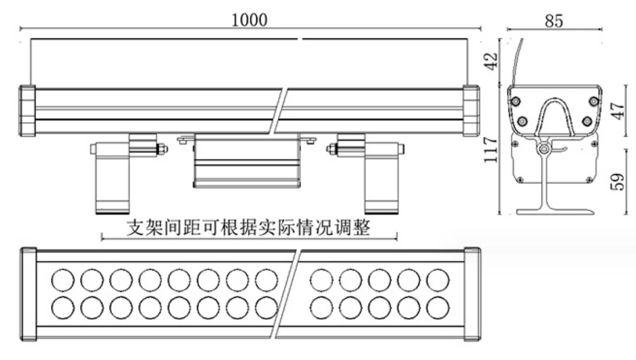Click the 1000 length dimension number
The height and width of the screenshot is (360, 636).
pyautogui.click(x=250, y=20)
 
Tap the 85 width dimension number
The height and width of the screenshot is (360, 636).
pyautogui.click(x=554, y=21)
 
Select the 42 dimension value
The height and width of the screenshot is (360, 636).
pyautogui.click(x=491, y=61)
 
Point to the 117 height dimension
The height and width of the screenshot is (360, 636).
pyautogui.click(x=491, y=149)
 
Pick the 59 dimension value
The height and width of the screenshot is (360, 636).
pyautogui.click(x=617, y=182)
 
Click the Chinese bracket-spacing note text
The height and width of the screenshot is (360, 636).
pyautogui.click(x=249, y=227)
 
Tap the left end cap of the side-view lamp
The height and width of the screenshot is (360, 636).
pyautogui.click(x=27, y=111)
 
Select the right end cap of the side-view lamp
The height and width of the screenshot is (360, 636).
pyautogui.click(x=471, y=111)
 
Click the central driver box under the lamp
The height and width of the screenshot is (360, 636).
pyautogui.click(x=247, y=161)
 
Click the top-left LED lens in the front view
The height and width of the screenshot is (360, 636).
pyautogui.click(x=63, y=280)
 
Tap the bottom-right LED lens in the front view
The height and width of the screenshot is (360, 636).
pyautogui.click(x=438, y=308)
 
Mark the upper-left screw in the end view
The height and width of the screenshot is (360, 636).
pyautogui.click(x=516, y=101)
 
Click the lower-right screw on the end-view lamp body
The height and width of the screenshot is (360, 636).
pyautogui.click(x=587, y=121)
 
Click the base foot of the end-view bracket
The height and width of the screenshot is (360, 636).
pyautogui.click(x=555, y=212)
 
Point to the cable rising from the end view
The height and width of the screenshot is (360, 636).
pyautogui.click(x=517, y=62)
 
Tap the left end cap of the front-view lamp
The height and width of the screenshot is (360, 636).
pyautogui.click(x=28, y=294)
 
